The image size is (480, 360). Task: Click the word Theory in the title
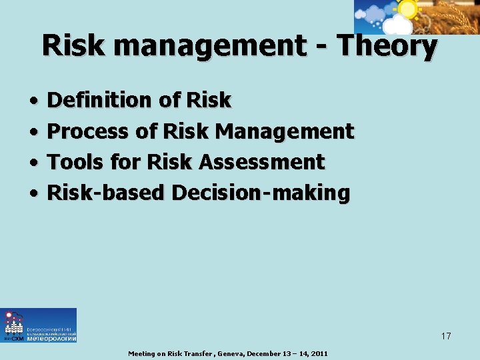click(x=387, y=47)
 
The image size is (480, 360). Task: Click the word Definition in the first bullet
click(x=100, y=101)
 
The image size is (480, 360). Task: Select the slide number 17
click(x=445, y=336)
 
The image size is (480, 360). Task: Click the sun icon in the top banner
click(x=406, y=9)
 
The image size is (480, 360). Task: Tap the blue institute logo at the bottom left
click(x=39, y=325)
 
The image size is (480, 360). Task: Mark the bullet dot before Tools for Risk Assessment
click(x=33, y=163)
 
